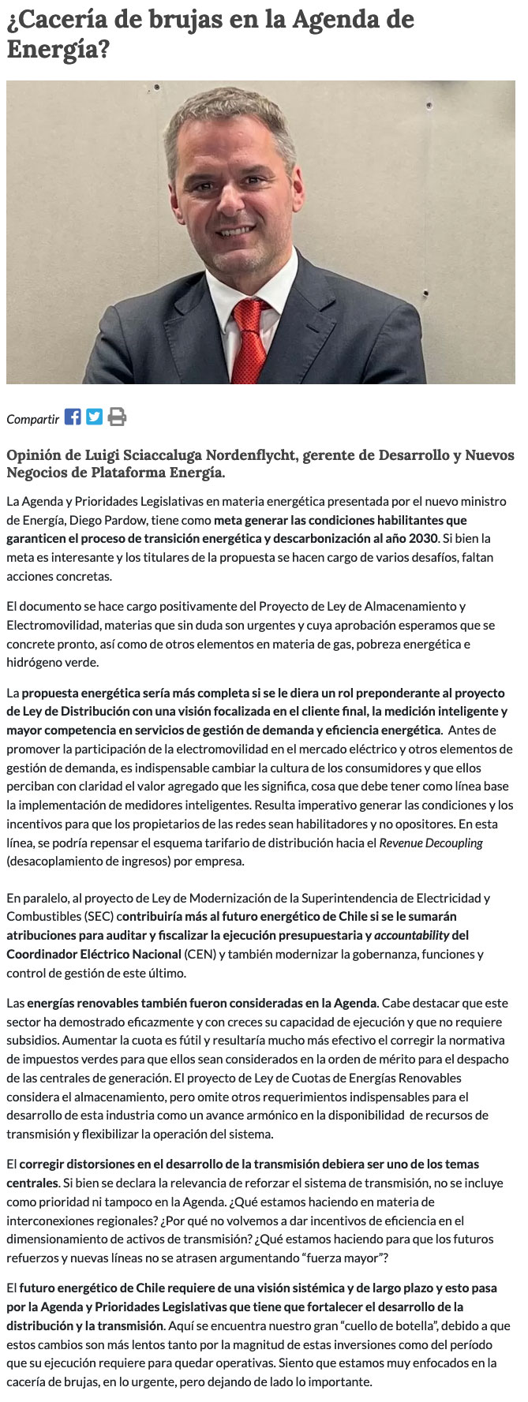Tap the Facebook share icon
73,417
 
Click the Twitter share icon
95,417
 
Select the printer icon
117,417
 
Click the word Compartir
33,419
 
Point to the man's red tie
251,339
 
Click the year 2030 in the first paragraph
422,538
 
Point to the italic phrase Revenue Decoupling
431,843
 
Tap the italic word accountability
412,935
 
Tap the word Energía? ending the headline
57,50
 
